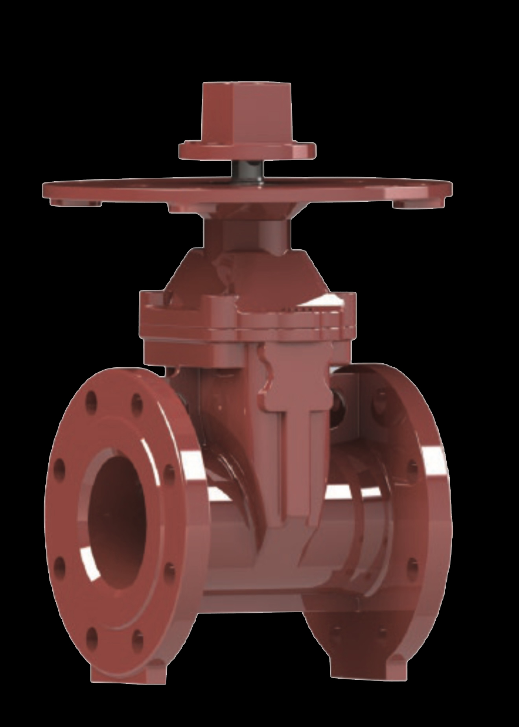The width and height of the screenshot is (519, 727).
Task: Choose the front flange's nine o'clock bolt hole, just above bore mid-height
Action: click(x=60, y=468)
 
